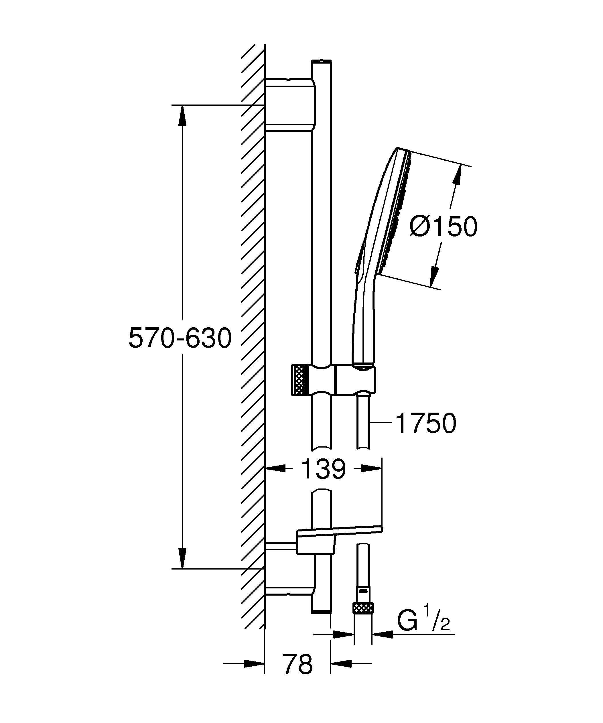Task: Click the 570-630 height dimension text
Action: coord(180,338)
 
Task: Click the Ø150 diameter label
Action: coord(443,227)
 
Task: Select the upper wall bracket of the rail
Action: coord(290,105)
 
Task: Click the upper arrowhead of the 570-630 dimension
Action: coord(182,115)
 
